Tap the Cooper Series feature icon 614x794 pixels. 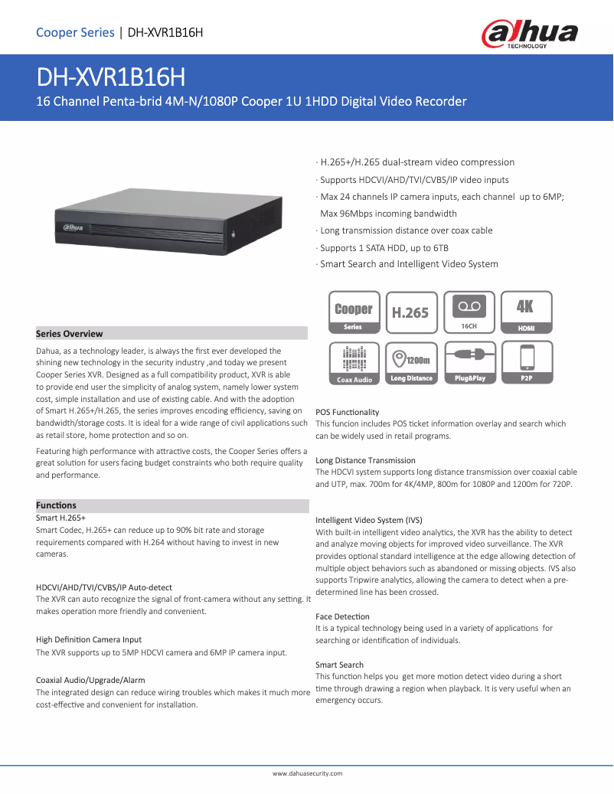353,312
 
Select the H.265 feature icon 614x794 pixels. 411,312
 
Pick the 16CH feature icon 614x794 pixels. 469,312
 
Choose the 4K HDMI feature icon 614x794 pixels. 526,312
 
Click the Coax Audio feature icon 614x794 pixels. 353,363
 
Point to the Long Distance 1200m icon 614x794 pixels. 411,363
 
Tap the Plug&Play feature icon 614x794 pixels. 469,363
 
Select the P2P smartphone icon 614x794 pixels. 526,363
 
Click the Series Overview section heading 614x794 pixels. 70,334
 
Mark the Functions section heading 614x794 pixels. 57,505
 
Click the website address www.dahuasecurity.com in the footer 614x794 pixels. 308,773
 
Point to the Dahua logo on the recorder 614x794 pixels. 73,227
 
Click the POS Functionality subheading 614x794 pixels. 347,412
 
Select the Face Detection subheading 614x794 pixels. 342,616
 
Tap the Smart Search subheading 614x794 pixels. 339,665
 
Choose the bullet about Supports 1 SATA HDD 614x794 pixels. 384,247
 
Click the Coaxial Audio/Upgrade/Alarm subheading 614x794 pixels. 90,680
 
